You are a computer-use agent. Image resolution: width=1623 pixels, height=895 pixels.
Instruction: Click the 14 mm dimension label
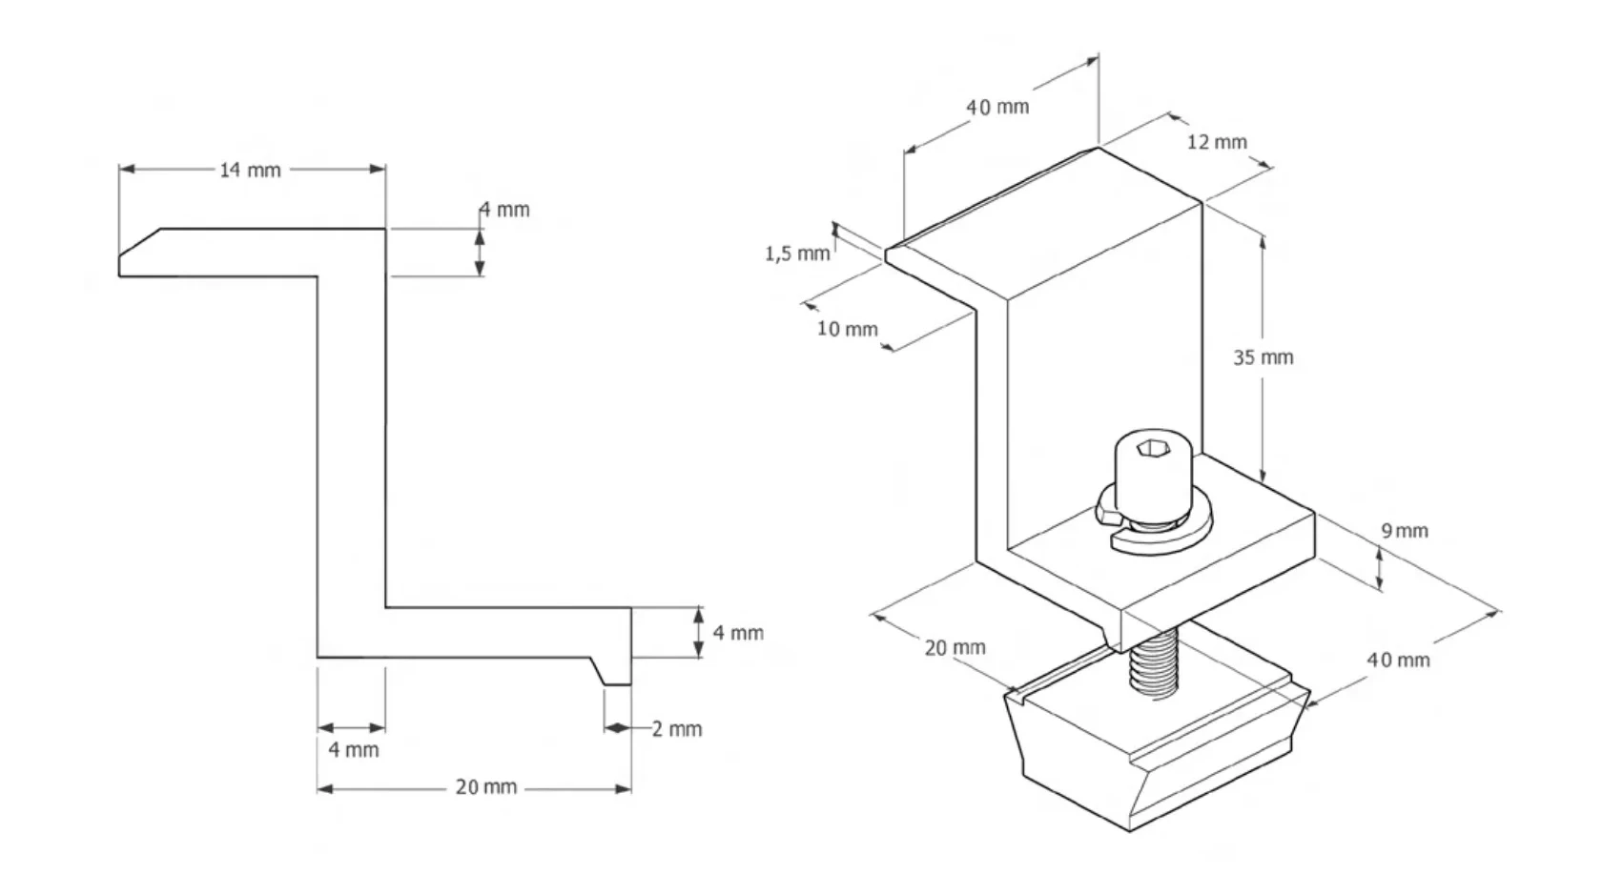pos(250,170)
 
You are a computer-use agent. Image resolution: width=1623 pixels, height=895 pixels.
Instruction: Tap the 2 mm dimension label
pos(677,729)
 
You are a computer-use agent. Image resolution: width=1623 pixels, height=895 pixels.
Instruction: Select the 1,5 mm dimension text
pos(797,254)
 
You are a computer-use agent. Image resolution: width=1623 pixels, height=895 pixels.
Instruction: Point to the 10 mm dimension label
pos(847,330)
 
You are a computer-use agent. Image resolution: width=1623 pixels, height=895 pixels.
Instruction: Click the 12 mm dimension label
pos(1217,142)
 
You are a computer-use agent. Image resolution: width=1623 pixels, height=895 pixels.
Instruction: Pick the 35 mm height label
pos(1263,357)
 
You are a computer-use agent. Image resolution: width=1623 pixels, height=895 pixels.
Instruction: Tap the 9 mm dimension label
pos(1405,531)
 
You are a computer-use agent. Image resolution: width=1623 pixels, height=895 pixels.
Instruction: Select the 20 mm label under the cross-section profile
pos(485,787)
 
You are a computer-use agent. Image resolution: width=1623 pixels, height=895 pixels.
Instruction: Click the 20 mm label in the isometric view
pos(955,648)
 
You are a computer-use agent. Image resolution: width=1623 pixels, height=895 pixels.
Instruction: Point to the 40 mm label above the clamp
pos(997,107)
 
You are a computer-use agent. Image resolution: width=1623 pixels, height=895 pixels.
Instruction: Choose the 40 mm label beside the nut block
pos(1398,660)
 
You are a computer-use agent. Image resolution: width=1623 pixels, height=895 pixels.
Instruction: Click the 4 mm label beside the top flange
pos(504,210)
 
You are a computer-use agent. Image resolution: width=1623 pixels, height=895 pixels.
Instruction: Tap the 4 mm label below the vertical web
pos(354,750)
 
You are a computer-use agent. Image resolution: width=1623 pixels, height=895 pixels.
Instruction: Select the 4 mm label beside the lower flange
pos(738,633)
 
